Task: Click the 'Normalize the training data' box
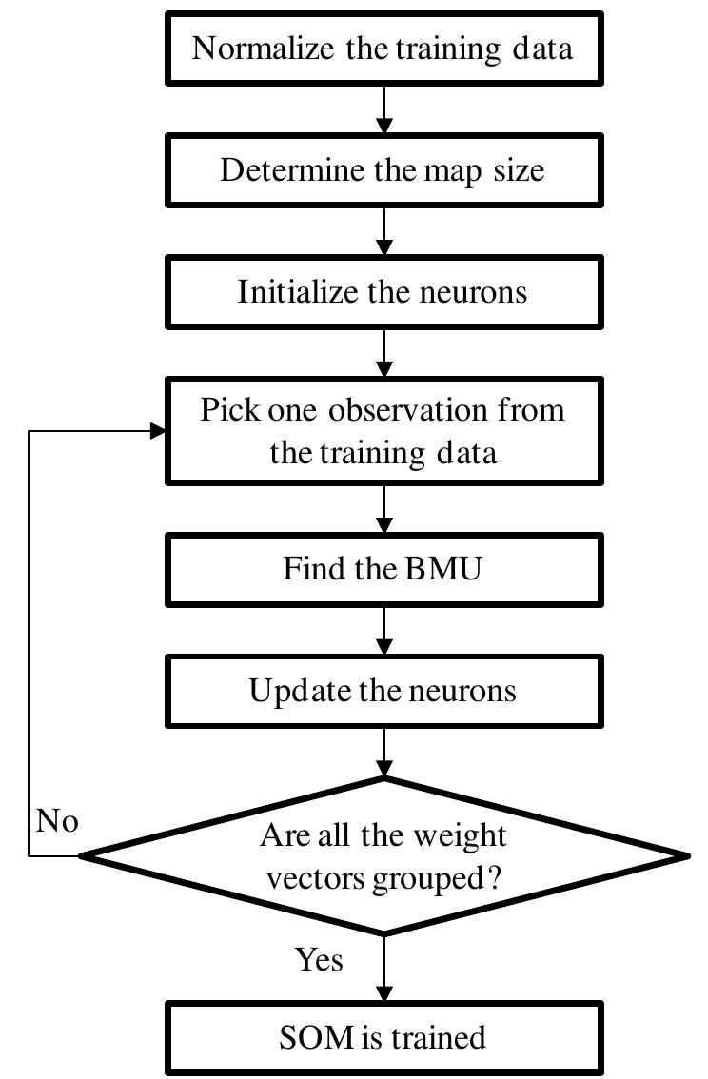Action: (x=383, y=49)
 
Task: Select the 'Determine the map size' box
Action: (x=383, y=170)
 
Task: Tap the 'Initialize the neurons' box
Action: (x=383, y=291)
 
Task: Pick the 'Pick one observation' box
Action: (x=383, y=431)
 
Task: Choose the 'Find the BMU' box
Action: (x=383, y=569)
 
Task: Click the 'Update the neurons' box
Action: (x=383, y=690)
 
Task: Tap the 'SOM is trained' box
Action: (x=383, y=1036)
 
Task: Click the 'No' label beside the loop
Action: (x=57, y=821)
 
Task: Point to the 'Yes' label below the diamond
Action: (x=319, y=960)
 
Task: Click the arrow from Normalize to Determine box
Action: (x=383, y=109)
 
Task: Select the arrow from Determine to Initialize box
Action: (x=383, y=231)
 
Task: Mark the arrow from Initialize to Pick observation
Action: (x=383, y=352)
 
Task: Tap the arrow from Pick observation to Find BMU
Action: (x=383, y=509)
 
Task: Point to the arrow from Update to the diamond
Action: (x=383, y=751)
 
